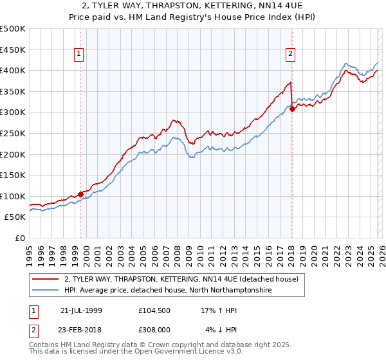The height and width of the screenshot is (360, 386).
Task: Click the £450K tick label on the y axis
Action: tap(13, 50)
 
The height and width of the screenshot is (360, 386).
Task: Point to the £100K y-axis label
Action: tap(13, 196)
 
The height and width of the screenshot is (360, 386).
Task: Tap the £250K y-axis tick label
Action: tap(13, 133)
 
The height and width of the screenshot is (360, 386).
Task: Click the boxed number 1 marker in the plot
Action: tap(78, 55)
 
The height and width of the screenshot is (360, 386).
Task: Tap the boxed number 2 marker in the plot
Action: tap(291, 55)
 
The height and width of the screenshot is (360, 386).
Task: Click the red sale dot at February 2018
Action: tap(292, 109)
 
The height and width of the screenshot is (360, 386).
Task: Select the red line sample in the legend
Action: tap(46, 280)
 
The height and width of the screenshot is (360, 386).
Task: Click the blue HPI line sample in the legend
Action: tap(46, 291)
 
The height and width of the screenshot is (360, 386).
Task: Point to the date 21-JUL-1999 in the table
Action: tap(81, 310)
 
